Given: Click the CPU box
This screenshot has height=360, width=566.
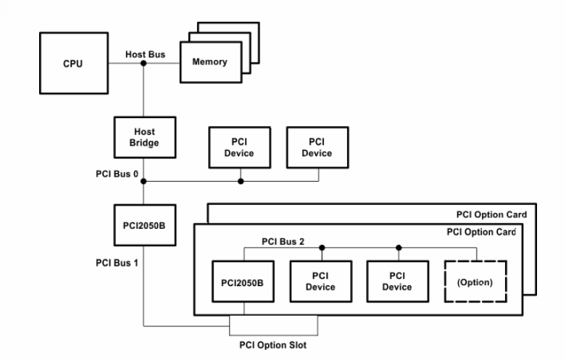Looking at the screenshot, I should (72, 64).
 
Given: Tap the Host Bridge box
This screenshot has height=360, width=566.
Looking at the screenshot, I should (144, 138).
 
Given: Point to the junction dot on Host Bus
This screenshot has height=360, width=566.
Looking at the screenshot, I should (143, 64).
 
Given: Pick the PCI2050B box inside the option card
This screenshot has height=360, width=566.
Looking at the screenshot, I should (244, 282).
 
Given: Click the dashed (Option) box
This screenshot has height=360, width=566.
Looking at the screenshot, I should (474, 282).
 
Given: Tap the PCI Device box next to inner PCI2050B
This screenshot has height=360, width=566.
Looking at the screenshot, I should (320, 282).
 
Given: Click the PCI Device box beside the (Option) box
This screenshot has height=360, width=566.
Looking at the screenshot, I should (397, 282).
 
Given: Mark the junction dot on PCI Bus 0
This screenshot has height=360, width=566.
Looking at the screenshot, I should (241, 181).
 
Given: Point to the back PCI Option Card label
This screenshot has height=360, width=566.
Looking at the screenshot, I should (491, 214).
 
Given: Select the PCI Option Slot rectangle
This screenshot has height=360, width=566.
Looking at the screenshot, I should (272, 326).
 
